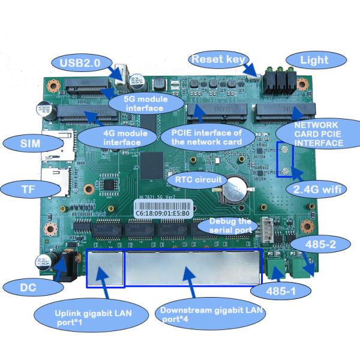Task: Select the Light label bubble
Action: pyautogui.click(x=314, y=60)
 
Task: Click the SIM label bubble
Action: pyautogui.click(x=26, y=144)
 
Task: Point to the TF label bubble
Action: pyautogui.click(x=26, y=188)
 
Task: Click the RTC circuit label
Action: pyautogui.click(x=198, y=179)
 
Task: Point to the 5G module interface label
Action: pyautogui.click(x=144, y=103)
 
